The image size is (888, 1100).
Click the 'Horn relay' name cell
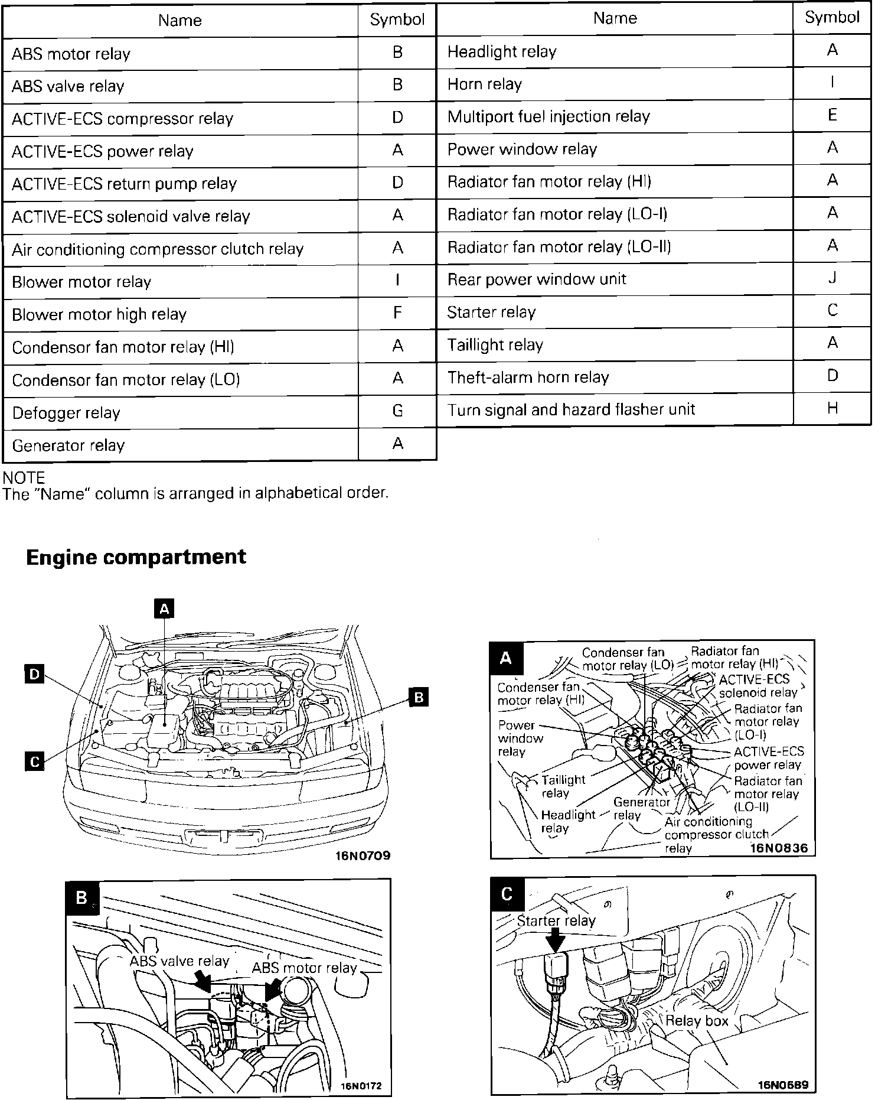tap(485, 84)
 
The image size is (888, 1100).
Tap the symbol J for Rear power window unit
tap(832, 277)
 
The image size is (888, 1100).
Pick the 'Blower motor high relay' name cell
tap(99, 314)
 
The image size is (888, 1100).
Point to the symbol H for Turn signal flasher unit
tap(832, 408)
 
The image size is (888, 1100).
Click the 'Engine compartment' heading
tap(136, 557)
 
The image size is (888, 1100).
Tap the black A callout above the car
tap(164, 608)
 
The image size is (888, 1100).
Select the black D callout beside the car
tap(34, 674)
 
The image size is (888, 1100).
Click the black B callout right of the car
tap(419, 697)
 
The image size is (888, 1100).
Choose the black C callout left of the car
tap(34, 761)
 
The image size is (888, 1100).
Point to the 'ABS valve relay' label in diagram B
tap(179, 961)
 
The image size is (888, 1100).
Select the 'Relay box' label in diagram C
tap(697, 1021)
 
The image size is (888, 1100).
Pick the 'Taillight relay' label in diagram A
tap(563, 786)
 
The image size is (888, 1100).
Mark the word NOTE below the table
tap(24, 477)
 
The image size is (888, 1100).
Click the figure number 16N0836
tap(779, 848)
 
